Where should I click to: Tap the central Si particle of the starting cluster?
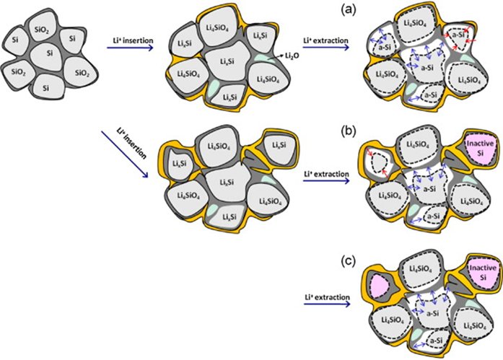click(49, 54)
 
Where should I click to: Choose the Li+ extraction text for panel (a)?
click(325, 40)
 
